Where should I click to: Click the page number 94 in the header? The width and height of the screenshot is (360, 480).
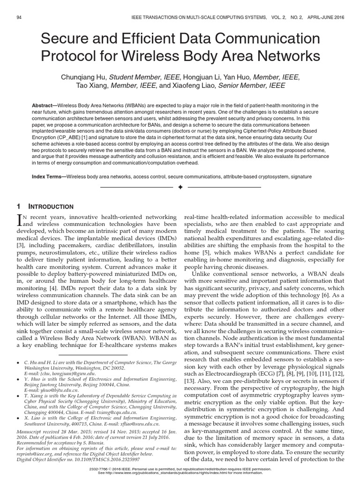coord(19,17)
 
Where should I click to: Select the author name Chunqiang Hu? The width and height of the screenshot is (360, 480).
coord(83,77)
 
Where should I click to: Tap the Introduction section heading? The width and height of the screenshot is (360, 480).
coord(52,207)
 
